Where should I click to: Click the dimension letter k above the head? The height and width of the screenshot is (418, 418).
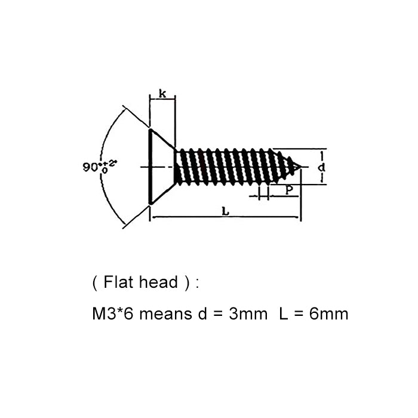[162, 93]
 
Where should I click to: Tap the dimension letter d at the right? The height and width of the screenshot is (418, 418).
[321, 168]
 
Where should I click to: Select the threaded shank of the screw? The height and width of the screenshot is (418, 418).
[227, 167]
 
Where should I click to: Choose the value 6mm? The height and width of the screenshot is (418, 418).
[328, 314]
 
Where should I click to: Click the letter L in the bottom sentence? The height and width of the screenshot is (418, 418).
[283, 314]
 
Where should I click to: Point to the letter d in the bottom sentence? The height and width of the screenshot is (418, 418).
[202, 314]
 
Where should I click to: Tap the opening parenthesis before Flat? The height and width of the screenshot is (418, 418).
[96, 282]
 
